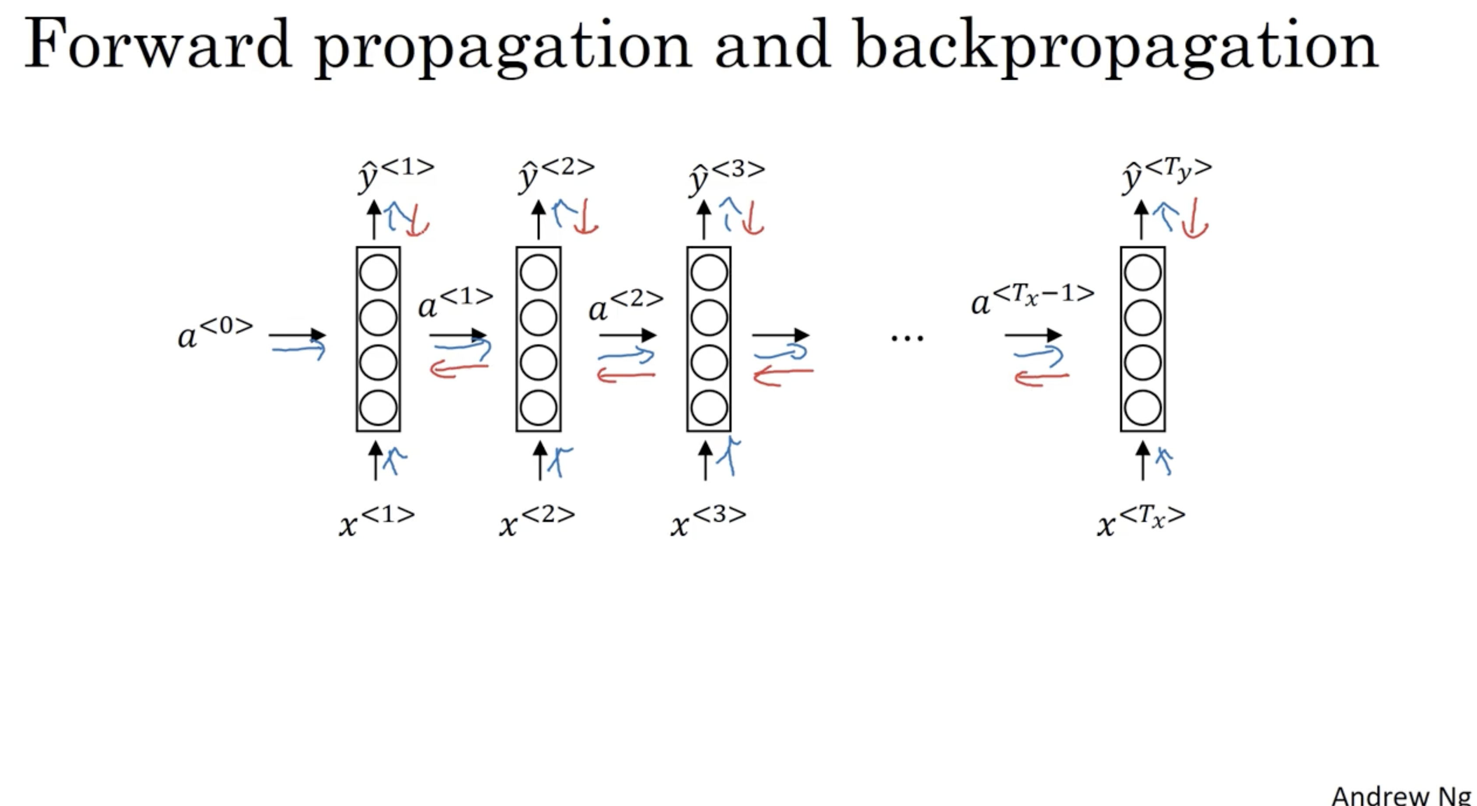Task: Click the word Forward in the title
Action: (x=158, y=45)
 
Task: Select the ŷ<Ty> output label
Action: (x=1166, y=173)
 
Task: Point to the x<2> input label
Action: (x=537, y=521)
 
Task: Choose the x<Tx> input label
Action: (x=1140, y=521)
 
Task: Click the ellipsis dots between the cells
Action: (x=907, y=338)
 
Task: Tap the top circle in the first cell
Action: (x=378, y=272)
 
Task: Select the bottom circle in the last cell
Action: (x=1143, y=408)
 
